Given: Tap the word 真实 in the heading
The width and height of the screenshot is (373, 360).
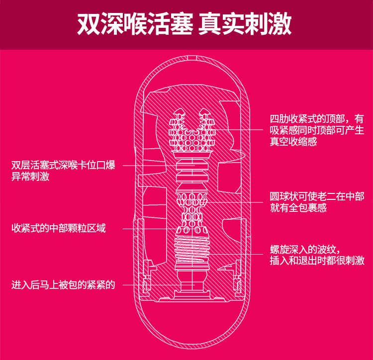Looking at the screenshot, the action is pyautogui.click(x=220, y=24).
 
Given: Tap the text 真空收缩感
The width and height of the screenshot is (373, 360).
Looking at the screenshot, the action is pyautogui.click(x=293, y=142).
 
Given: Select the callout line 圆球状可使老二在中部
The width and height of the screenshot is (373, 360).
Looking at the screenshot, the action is pyautogui.click(x=317, y=197).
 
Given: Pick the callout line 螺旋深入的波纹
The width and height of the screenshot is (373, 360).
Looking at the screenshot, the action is pyautogui.click(x=305, y=249).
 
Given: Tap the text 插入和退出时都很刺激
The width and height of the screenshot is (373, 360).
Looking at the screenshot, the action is pyautogui.click(x=317, y=261).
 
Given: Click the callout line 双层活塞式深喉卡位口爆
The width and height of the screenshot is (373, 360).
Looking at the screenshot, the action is pyautogui.click(x=63, y=165).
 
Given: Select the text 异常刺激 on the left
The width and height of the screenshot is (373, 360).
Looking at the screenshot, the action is pyautogui.click(x=30, y=177).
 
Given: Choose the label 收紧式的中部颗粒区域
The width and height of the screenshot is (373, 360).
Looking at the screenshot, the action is pyautogui.click(x=59, y=229).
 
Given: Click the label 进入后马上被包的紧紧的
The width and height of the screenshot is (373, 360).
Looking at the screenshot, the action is pyautogui.click(x=63, y=285).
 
